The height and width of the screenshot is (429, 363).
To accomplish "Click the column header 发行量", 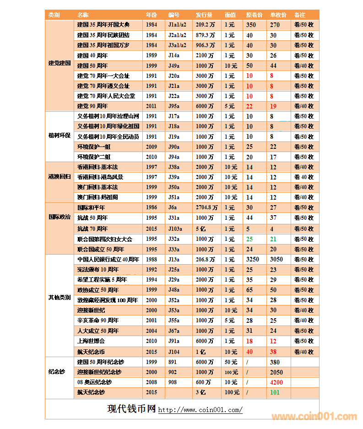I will point(204,15).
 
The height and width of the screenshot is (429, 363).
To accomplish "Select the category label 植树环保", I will point(60,136).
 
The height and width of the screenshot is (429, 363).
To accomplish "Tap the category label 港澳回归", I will point(60,177).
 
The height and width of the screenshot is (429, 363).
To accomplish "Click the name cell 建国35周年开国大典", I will point(103,25).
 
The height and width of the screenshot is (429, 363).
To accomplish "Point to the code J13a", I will point(174,259).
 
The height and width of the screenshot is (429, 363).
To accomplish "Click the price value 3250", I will point(252,259).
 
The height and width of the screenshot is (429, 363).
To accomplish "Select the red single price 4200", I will point(276,382).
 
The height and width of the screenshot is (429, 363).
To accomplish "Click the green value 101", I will point(275,392).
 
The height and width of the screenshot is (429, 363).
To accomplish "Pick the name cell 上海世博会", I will point(91,341).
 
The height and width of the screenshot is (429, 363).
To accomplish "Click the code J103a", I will point(175,229).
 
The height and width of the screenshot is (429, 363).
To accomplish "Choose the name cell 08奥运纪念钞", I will point(94,382).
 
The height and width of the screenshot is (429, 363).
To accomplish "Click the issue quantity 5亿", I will point(200,229).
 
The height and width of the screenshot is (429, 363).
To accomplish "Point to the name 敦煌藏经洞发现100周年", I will point(108,300).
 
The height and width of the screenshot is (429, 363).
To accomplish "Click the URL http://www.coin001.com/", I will point(200,410).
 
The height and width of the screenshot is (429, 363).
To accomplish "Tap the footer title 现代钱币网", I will point(131,409).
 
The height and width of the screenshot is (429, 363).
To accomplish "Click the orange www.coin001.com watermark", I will point(314,417).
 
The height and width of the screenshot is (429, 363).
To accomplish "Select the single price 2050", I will point(276,372).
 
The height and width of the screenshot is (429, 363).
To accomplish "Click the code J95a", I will point(174,106).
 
